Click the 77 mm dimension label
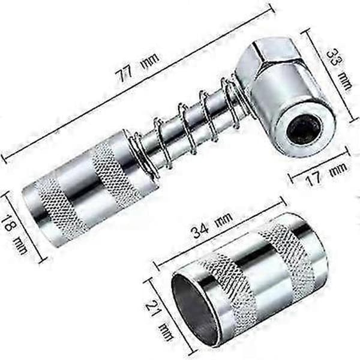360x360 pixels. coord(137,67)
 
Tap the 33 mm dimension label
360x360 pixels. coord(339,69)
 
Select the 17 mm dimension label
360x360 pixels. coord(326,174)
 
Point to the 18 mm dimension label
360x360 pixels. coord(14,235)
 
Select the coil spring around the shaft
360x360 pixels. coord(184,128)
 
